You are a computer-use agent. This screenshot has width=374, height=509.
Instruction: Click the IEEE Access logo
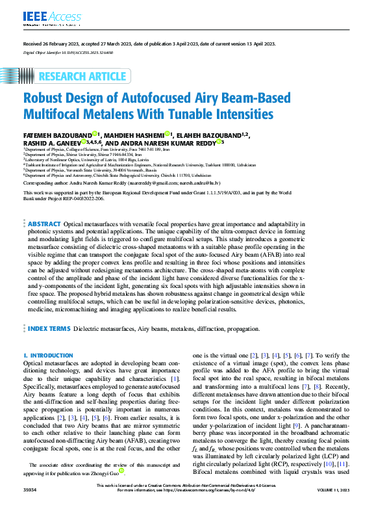pos(44,17)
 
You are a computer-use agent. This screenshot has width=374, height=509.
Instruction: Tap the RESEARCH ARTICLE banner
pos(81,77)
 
